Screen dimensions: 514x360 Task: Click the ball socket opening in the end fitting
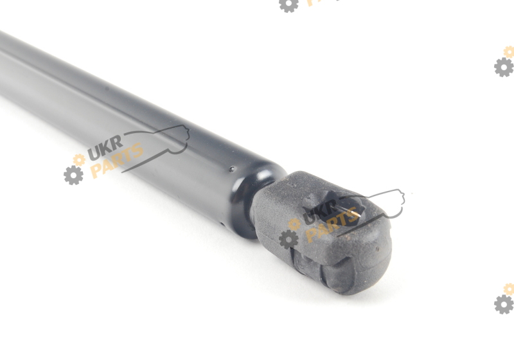[338, 209]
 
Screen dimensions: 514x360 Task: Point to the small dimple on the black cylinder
[232, 169]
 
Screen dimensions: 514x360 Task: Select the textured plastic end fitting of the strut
[321, 232]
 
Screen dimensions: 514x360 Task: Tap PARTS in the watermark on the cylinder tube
[117, 160]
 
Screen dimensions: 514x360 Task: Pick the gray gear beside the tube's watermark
[73, 175]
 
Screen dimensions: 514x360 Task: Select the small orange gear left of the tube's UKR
[79, 159]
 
